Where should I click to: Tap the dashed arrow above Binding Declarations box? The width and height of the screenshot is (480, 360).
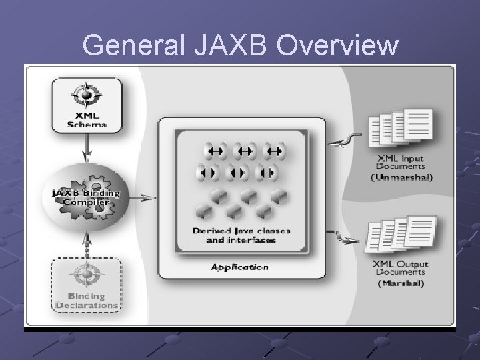(87, 243)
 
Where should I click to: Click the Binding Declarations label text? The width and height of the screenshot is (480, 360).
(87, 301)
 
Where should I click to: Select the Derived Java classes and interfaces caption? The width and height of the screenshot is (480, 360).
(241, 235)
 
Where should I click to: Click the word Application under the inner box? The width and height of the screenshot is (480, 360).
(239, 267)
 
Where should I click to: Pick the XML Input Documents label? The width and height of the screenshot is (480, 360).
(399, 163)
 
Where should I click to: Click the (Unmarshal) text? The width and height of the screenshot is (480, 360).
(401, 177)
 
